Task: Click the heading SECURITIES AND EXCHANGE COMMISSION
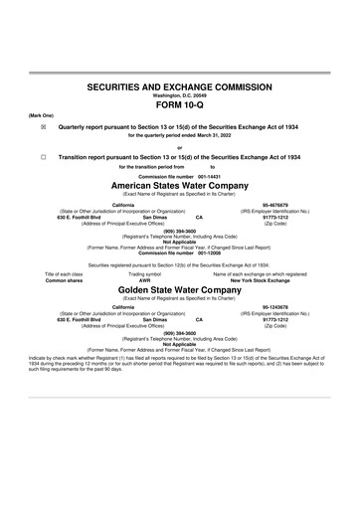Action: (179, 87)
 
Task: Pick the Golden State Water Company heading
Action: (179, 290)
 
